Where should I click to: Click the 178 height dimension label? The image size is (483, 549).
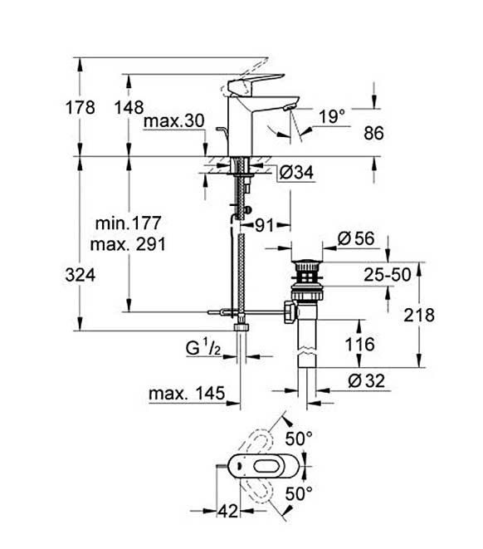80,107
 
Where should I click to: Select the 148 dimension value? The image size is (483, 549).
129,107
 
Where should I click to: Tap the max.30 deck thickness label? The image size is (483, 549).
173,121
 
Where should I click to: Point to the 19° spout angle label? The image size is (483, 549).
332,116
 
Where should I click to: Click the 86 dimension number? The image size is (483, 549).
373,133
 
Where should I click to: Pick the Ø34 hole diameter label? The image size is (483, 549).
296,172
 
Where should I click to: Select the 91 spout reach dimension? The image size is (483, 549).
264,225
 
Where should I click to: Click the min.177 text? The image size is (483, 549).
129,223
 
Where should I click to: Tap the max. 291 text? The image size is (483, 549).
128,244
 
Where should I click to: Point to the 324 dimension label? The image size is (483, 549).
80,275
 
